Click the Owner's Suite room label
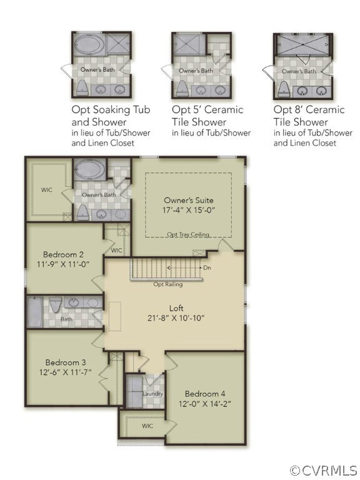pos(188,199)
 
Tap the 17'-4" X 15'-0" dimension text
pos(188,210)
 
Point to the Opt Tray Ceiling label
pos(187,234)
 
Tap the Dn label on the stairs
pos(207,267)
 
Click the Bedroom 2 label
pos(64,254)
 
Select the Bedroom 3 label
pos(66,362)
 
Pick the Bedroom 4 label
pos(206,394)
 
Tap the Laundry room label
pos(152,394)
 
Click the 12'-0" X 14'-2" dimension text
pos(206,404)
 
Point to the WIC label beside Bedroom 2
pos(116,250)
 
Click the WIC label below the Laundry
pos(147,426)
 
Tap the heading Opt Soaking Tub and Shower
pos(111,116)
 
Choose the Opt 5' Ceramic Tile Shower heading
pos(207,116)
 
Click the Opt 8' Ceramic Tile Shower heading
pos(309,116)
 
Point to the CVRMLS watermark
pos(324,469)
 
